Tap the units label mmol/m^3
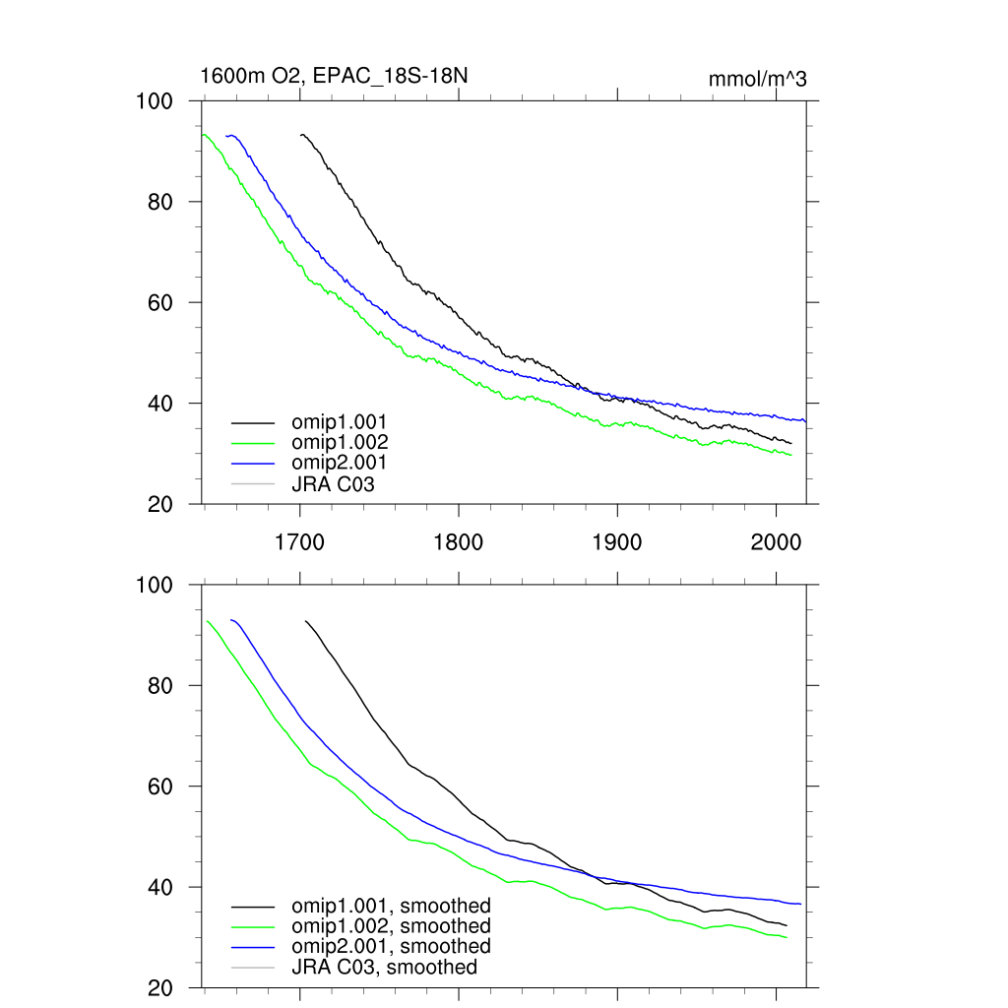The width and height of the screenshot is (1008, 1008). (x=757, y=79)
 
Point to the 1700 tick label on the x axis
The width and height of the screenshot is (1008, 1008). (x=300, y=541)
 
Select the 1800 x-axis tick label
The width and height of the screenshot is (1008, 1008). (x=459, y=541)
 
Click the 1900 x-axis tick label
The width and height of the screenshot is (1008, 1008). (x=617, y=541)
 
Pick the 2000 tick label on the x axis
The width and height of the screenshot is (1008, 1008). (x=776, y=541)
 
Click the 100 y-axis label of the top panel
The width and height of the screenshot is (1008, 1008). (x=154, y=101)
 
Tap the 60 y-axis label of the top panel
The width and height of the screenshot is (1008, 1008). (x=160, y=302)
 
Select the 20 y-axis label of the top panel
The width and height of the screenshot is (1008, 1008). (x=160, y=504)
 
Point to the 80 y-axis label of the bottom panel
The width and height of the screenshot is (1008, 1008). (x=160, y=686)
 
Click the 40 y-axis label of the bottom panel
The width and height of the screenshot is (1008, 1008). (x=160, y=887)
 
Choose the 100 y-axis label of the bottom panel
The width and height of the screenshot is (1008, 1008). (x=154, y=585)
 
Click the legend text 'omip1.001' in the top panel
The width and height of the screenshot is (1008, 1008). (x=339, y=422)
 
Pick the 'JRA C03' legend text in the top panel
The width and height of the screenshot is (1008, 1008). (x=333, y=483)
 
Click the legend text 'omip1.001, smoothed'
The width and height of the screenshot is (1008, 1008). (x=391, y=906)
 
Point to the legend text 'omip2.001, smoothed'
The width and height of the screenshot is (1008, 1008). (x=391, y=946)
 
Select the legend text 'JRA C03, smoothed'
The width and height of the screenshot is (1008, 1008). (x=384, y=967)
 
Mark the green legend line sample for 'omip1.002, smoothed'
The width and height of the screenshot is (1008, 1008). (x=252, y=926)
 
